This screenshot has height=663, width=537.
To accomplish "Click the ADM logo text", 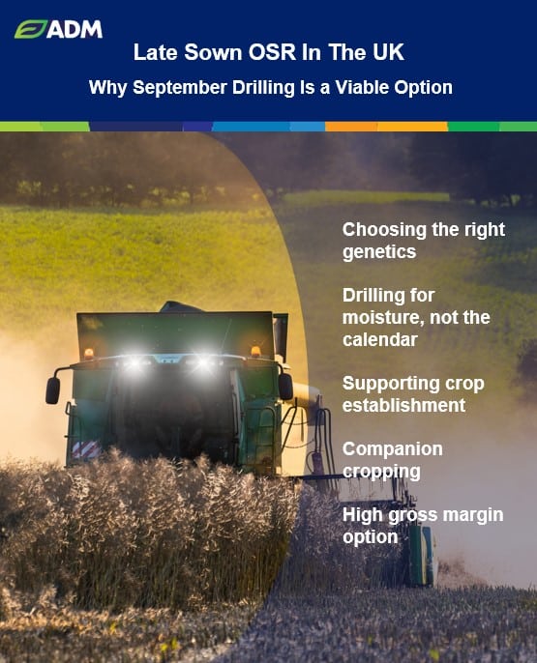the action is [x=75, y=30].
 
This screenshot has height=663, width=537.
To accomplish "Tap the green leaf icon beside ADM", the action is [x=30, y=30].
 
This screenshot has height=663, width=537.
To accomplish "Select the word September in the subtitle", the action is [x=180, y=88].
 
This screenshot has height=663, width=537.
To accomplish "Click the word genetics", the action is [x=379, y=252].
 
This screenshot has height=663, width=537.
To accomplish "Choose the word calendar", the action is [x=380, y=339].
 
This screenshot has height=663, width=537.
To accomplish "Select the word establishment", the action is [x=403, y=406].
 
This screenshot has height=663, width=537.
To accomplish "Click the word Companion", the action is [x=393, y=449].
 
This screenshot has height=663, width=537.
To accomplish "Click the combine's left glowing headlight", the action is [x=134, y=362].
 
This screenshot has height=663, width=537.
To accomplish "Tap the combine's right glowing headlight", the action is [x=203, y=361].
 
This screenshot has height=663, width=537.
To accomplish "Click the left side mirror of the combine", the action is [x=53, y=390].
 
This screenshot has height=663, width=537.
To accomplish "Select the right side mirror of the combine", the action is [x=285, y=387].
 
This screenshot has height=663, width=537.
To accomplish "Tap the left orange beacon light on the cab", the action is [x=88, y=354].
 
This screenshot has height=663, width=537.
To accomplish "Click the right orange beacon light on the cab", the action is [x=255, y=352].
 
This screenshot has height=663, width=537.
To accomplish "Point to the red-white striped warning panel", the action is [x=86, y=450].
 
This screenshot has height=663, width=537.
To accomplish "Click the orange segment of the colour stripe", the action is [x=386, y=127].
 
